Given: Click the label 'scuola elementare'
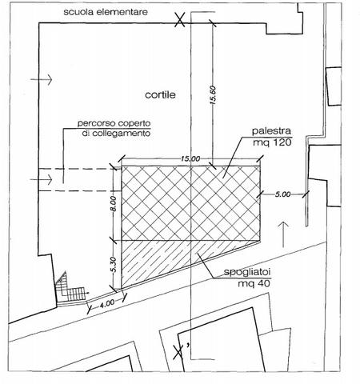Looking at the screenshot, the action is tap(106, 12).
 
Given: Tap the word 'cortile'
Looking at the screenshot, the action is tap(160, 95).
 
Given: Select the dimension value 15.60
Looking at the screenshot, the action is tap(213, 94).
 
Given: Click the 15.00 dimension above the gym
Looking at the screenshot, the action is tap(190, 159).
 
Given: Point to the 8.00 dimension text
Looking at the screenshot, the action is tap(114, 204).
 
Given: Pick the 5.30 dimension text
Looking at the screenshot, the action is tap(114, 265).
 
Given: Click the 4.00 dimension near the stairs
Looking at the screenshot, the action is tap(107, 304).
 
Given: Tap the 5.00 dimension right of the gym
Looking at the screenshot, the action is tap(282, 194).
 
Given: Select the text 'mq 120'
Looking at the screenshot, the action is tap(272, 142).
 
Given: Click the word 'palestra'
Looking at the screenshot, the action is tap(271, 131).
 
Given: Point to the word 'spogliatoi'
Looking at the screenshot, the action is tap(247, 272).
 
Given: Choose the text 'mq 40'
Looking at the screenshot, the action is tap(254, 283).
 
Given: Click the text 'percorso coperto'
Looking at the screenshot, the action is tap(114, 124).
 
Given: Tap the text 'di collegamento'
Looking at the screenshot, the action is tap(117, 133).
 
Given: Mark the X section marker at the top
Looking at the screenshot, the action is tap(180, 20).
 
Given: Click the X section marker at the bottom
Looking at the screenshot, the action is tap(178, 352).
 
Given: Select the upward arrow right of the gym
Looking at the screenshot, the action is tap(283, 234).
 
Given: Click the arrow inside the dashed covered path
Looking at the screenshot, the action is tap(42, 179).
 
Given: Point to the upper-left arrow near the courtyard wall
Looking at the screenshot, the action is tap(42, 79).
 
